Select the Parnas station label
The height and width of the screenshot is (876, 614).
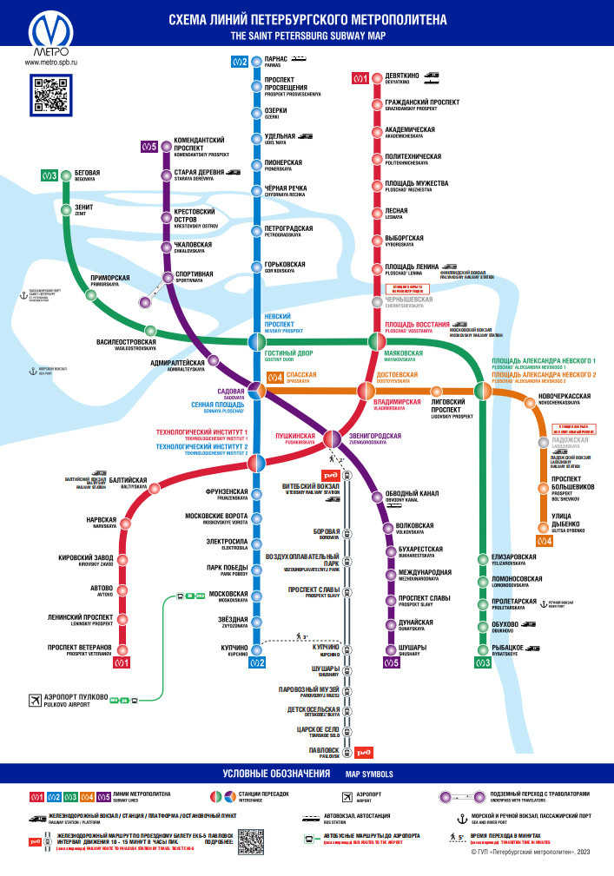pyautogui.click(x=277, y=60)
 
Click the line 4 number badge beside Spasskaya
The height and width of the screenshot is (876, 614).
pyautogui.click(x=275, y=377)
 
